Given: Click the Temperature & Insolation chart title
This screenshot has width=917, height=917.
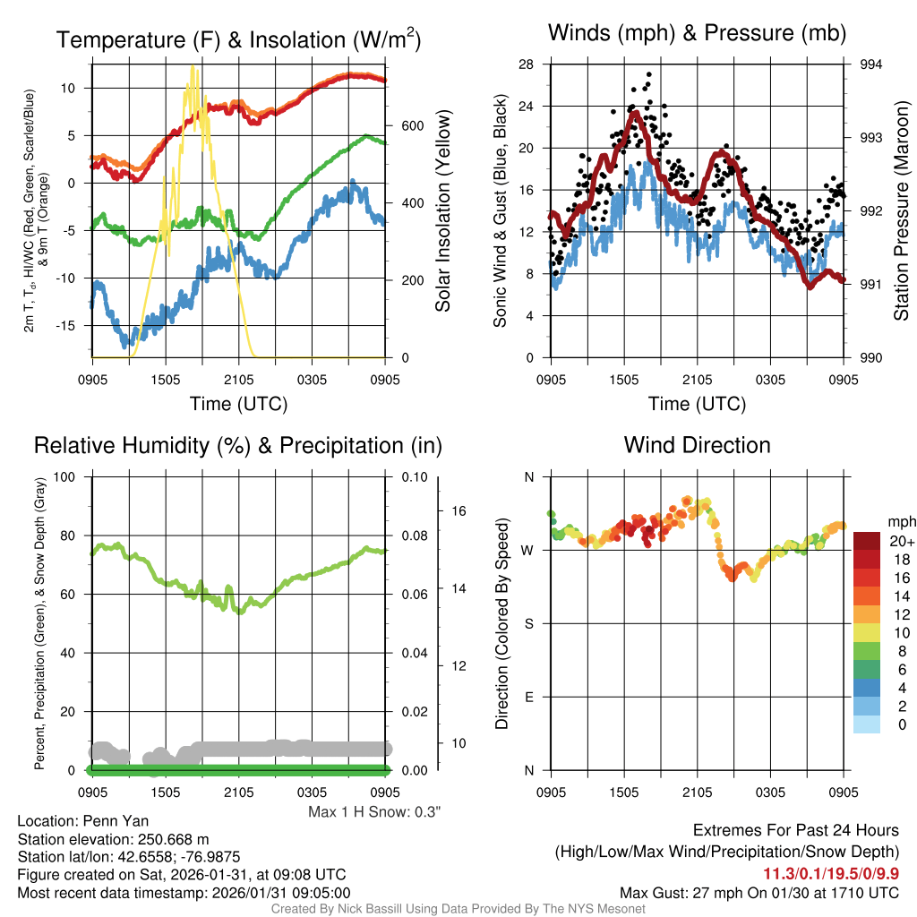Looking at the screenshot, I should (x=238, y=40).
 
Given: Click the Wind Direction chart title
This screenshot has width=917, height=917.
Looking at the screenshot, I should (x=697, y=445).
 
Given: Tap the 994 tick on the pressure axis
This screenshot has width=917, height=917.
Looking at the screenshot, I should (x=871, y=64).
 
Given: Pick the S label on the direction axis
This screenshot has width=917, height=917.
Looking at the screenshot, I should (x=529, y=623).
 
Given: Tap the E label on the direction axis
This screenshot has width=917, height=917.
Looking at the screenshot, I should (x=529, y=697).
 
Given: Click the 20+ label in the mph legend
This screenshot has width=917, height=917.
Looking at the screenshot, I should (x=901, y=541).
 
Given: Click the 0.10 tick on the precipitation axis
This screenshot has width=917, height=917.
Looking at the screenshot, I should (x=414, y=476).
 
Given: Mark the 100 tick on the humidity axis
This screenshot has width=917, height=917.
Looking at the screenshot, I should (x=68, y=476).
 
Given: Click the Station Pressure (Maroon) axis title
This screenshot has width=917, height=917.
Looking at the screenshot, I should (x=902, y=210).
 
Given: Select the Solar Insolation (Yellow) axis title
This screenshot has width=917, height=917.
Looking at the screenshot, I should (x=442, y=210).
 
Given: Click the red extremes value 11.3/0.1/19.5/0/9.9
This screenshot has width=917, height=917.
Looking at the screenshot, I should (x=830, y=874).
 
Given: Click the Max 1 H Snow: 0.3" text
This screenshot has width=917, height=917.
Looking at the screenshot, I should (x=374, y=812).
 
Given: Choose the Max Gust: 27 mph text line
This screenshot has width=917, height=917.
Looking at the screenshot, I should (x=759, y=893).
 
